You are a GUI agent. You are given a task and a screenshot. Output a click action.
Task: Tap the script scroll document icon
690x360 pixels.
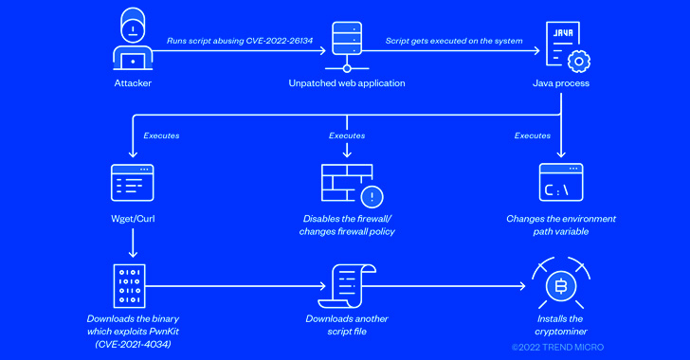(x=347, y=286)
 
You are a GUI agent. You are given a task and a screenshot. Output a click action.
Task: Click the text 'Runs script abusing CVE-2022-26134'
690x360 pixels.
(x=227, y=40)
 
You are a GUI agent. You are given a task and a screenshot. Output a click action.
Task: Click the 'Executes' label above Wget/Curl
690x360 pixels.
(x=161, y=135)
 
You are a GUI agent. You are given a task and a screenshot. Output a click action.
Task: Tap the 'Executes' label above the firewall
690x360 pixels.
(x=347, y=135)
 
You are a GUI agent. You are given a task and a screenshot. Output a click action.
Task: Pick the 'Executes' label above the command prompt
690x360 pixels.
(x=533, y=135)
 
